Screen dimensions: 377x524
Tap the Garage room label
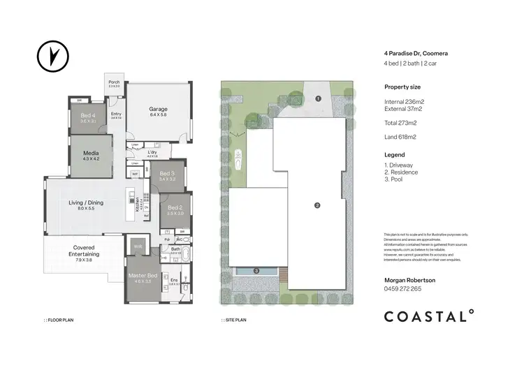coord(158,110)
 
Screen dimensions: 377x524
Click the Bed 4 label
coord(88,116)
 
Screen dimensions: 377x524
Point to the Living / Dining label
coord(86,202)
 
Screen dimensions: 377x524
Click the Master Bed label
coord(143,276)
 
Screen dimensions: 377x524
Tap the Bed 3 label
coord(166,174)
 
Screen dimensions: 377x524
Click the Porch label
coord(114,82)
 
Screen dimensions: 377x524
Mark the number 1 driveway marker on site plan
coord(317,99)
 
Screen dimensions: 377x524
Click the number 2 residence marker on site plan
coord(317,205)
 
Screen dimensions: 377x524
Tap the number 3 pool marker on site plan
coord(256,270)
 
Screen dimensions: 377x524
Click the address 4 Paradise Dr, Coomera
coord(415,52)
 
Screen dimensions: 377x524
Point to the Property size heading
coord(402,87)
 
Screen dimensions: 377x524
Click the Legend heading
coord(394,154)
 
